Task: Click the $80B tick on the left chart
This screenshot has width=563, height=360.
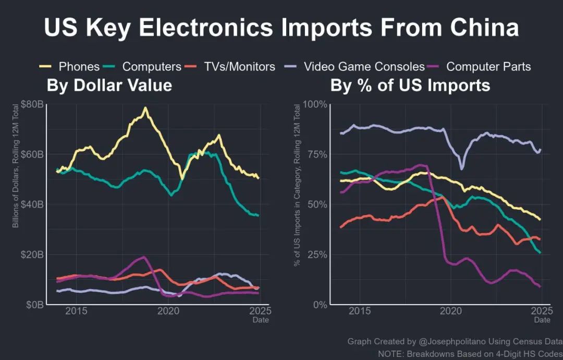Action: coord(32,104)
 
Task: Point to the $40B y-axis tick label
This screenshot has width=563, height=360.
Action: coord(32,205)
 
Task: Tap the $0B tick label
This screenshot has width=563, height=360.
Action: coord(34,305)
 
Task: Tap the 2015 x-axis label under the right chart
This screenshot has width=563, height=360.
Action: coord(360,312)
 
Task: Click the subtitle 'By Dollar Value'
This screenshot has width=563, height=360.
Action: coord(109,86)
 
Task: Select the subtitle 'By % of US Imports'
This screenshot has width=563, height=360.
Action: coord(410,86)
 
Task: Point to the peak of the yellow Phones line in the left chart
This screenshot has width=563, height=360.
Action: coord(145,108)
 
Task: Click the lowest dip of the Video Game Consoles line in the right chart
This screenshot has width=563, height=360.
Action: coord(461,168)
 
